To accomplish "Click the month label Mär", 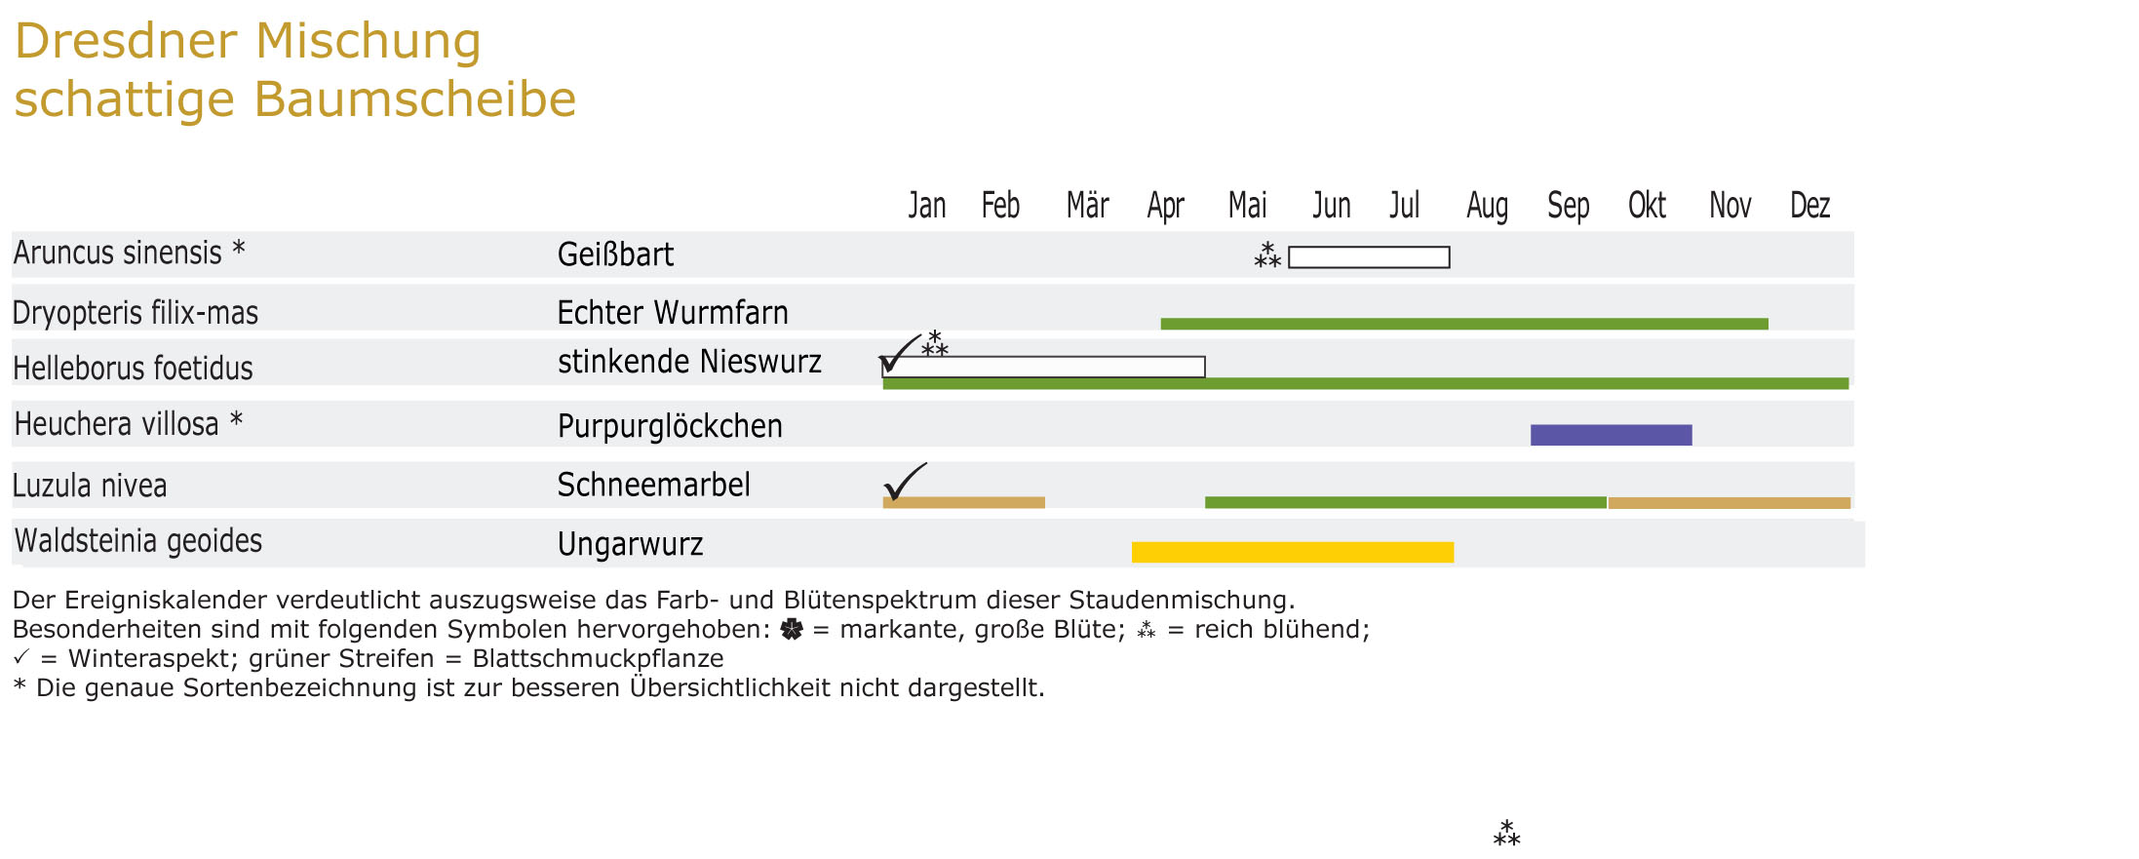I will coord(1087,206).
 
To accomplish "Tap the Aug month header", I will coord(1487,206).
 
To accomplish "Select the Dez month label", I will coord(1809,206).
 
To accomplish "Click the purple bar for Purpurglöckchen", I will coord(1611,435).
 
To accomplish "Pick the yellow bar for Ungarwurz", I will coord(1292,552).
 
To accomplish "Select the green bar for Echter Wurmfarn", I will coord(1463,324).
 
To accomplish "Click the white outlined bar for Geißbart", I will coord(1369,257).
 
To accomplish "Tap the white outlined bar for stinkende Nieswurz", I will coord(1044,367).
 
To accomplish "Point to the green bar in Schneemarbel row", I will coord(1405,502).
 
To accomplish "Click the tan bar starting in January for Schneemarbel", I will coord(963,502).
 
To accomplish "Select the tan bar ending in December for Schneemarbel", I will coord(1729,503).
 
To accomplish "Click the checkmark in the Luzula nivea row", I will coord(904,481).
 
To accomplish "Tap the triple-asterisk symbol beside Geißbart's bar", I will coord(1266,255).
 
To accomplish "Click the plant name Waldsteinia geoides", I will coord(138,541).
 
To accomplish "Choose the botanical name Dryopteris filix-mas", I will coord(136,313).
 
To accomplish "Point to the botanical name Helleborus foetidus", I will coord(133,369).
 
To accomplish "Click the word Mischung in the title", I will coord(369,42).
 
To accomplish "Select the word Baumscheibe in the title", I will coord(415,99).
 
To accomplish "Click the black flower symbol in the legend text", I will coord(792,630).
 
